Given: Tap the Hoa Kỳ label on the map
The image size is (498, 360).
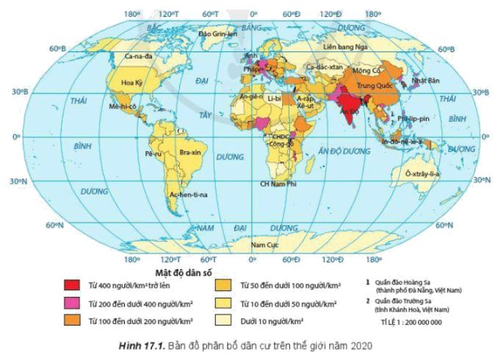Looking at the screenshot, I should click(131, 82).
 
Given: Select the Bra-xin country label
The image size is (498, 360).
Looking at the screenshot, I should click(190, 153).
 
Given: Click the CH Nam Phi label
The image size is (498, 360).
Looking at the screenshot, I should click(277, 182).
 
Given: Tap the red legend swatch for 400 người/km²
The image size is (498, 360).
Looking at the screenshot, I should click(71, 285).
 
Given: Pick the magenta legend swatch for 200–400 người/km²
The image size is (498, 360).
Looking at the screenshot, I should click(71, 303).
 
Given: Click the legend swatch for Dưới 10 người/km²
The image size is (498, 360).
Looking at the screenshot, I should click(223, 320).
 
